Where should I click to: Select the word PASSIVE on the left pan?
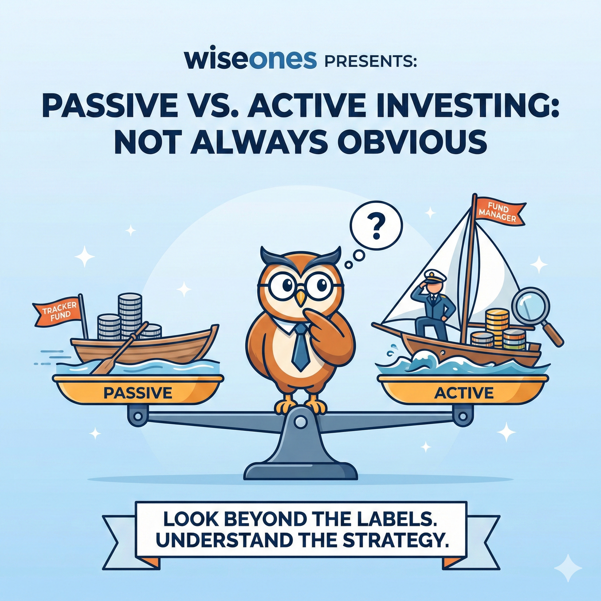pyautogui.click(x=138, y=393)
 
